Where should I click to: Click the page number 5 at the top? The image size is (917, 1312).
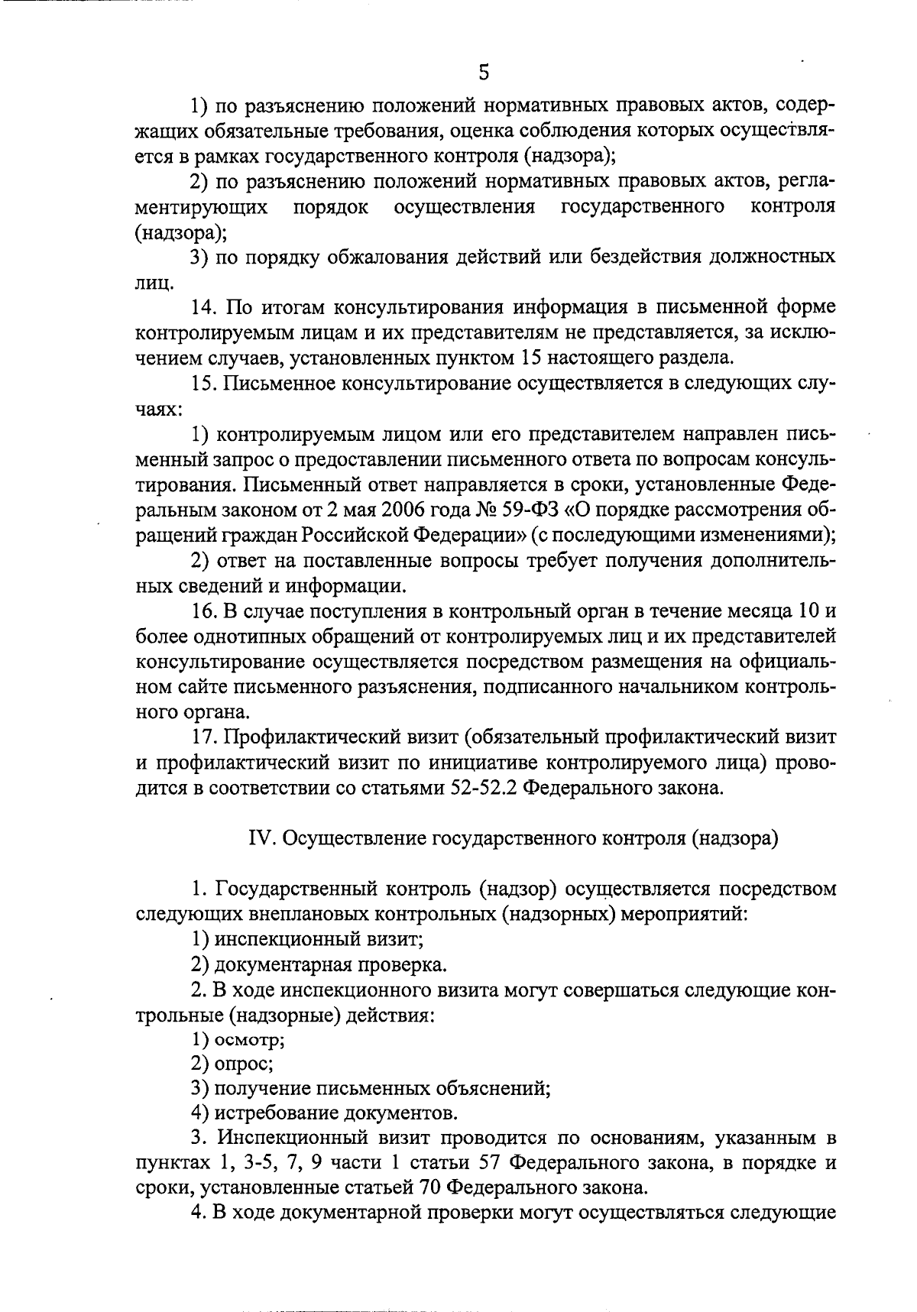click(x=483, y=72)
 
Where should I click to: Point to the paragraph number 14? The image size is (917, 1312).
click(x=204, y=307)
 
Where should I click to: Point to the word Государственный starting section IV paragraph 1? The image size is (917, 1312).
click(x=297, y=889)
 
